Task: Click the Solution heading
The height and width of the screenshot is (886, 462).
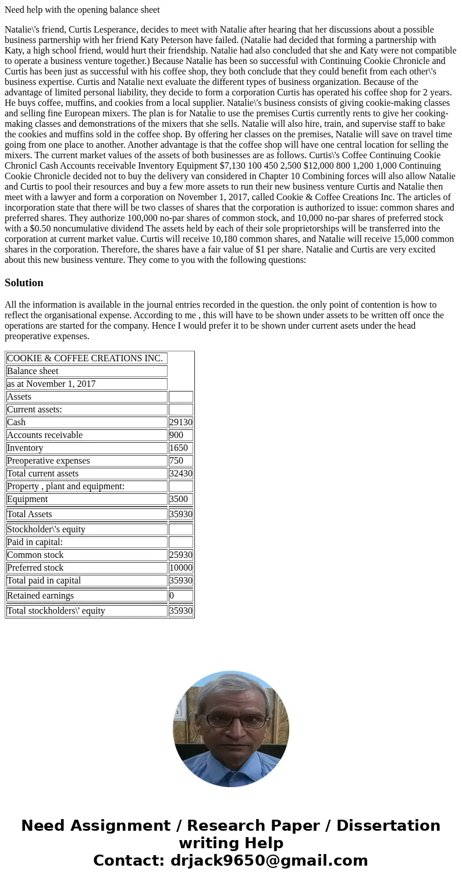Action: pyautogui.click(x=24, y=283)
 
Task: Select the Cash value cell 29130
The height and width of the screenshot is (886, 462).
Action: pyautogui.click(x=180, y=422)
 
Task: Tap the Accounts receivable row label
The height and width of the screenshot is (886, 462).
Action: pyautogui.click(x=45, y=435)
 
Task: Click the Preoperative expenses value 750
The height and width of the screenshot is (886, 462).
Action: pyautogui.click(x=176, y=461)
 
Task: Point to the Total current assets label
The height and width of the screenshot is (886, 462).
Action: pyautogui.click(x=42, y=474)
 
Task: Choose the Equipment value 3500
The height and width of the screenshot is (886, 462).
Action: pyautogui.click(x=178, y=499)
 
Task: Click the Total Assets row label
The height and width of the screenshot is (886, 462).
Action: pyautogui.click(x=29, y=514)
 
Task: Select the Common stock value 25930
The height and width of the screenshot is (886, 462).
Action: pyautogui.click(x=180, y=555)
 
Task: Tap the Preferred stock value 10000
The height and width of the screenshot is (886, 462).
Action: pyautogui.click(x=180, y=568)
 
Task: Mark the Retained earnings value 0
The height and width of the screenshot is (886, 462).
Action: pyautogui.click(x=172, y=596)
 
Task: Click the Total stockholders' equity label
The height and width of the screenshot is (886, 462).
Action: pyautogui.click(x=56, y=611)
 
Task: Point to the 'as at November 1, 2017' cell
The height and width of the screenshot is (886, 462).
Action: pyautogui.click(x=51, y=384)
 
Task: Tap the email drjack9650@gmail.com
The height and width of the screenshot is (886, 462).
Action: pyautogui.click(x=269, y=860)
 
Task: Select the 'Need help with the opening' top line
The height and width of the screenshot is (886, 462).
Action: pyautogui.click(x=82, y=10)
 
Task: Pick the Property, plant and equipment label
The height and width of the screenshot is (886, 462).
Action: pyautogui.click(x=66, y=486)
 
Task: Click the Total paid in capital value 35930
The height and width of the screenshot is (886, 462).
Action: pyautogui.click(x=180, y=581)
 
